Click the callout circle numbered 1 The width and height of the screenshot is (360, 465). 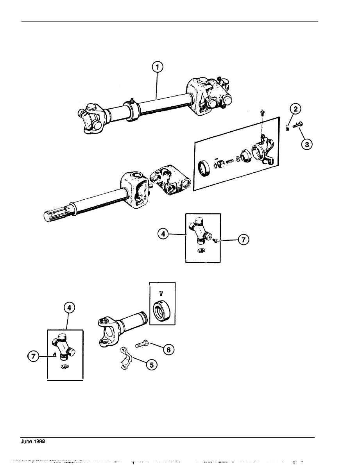pyautogui.click(x=158, y=67)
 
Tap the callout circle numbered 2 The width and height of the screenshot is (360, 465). pyautogui.click(x=296, y=109)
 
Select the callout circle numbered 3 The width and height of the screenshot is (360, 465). pyautogui.click(x=307, y=145)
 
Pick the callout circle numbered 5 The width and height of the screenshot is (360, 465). pyautogui.click(x=152, y=365)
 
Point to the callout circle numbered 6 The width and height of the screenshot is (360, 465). pyautogui.click(x=168, y=350)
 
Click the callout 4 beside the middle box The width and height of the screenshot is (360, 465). pyautogui.click(x=163, y=234)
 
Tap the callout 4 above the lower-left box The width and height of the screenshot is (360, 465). pyautogui.click(x=69, y=308)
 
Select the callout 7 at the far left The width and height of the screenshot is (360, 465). pyautogui.click(x=33, y=356)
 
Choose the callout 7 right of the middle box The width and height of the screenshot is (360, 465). pyautogui.click(x=244, y=239)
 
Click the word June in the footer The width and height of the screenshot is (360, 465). pyautogui.click(x=27, y=441)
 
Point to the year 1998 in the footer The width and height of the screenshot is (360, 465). pyautogui.click(x=39, y=441)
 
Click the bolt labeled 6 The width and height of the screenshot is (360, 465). pyautogui.click(x=143, y=344)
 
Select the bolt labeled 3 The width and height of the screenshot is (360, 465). pyautogui.click(x=297, y=125)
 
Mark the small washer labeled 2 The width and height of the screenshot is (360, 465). pyautogui.click(x=287, y=129)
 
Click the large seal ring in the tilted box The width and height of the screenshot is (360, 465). pyautogui.click(x=206, y=168)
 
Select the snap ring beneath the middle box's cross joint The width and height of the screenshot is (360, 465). pyautogui.click(x=202, y=251)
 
